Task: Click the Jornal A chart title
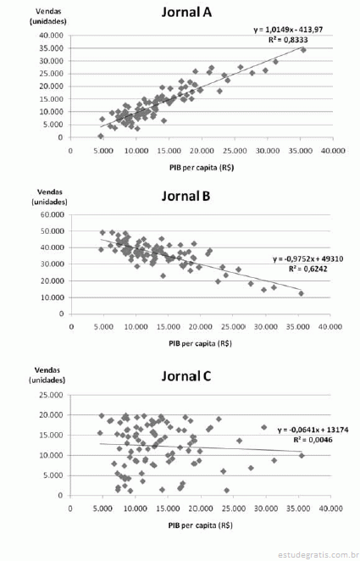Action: [x=186, y=12]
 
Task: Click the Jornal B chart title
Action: [x=186, y=196]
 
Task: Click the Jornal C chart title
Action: [x=186, y=376]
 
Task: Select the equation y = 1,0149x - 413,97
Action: [x=288, y=30]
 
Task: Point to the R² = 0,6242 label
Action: [x=307, y=269]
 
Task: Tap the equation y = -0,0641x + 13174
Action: [x=313, y=430]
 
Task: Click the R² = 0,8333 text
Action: [x=288, y=40]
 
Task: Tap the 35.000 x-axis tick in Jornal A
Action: [x=301, y=151]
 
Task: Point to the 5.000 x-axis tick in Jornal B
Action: [x=103, y=326]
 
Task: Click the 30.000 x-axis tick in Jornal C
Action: [x=266, y=508]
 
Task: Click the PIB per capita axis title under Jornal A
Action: [x=202, y=168]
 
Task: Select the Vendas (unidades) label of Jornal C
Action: [x=47, y=375]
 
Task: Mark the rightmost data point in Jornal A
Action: [x=303, y=50]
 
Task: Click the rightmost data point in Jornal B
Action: [x=301, y=293]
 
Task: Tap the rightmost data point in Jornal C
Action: [x=302, y=455]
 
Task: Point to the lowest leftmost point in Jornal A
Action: [x=101, y=136]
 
